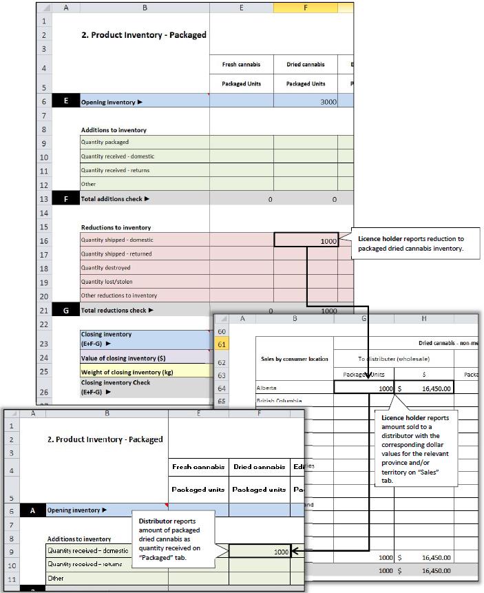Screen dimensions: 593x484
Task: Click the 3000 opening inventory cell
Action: click(x=306, y=102)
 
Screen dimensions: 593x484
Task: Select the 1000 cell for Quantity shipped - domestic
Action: click(x=306, y=240)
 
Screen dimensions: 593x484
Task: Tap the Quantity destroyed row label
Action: click(x=106, y=268)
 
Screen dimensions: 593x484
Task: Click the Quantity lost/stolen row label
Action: click(x=107, y=282)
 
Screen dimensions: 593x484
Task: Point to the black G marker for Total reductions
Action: click(x=66, y=311)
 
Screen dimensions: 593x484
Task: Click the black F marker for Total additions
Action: click(x=66, y=199)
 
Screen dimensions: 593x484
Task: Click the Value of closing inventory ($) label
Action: click(x=123, y=358)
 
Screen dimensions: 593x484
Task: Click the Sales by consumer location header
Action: click(x=294, y=359)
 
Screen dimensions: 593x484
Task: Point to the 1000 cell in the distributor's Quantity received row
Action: click(x=260, y=552)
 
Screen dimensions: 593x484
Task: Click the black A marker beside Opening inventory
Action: click(x=32, y=511)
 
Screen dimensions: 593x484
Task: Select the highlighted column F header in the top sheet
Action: click(x=306, y=8)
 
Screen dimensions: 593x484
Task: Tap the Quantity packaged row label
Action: click(x=105, y=143)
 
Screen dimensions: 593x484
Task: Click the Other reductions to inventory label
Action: click(x=119, y=295)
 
